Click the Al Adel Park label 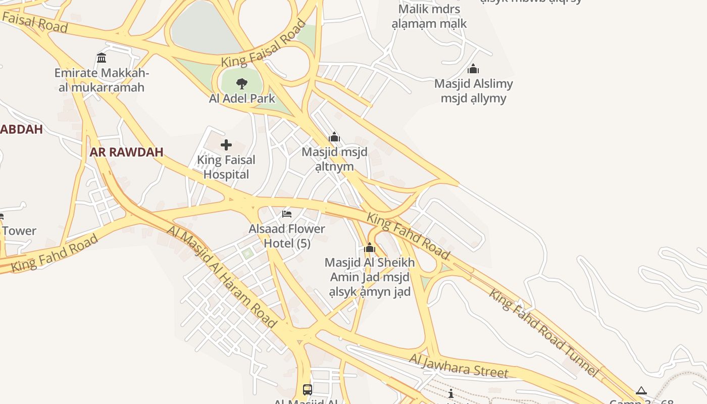242,98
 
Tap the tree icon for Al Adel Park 242,83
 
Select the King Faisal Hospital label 226,167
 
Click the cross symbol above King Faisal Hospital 226,145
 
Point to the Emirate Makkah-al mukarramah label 102,80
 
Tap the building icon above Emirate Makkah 102,58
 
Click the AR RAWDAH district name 126,152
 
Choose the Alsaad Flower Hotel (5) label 287,236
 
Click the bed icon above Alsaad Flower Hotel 287,214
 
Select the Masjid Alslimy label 473,91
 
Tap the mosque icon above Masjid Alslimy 473,69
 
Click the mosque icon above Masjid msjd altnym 334,137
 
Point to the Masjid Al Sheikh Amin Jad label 370,277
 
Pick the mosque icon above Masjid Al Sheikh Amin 370,248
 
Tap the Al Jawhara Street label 458,366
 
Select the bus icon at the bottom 307,389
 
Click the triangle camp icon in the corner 641,390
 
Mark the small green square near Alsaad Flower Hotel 247,253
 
